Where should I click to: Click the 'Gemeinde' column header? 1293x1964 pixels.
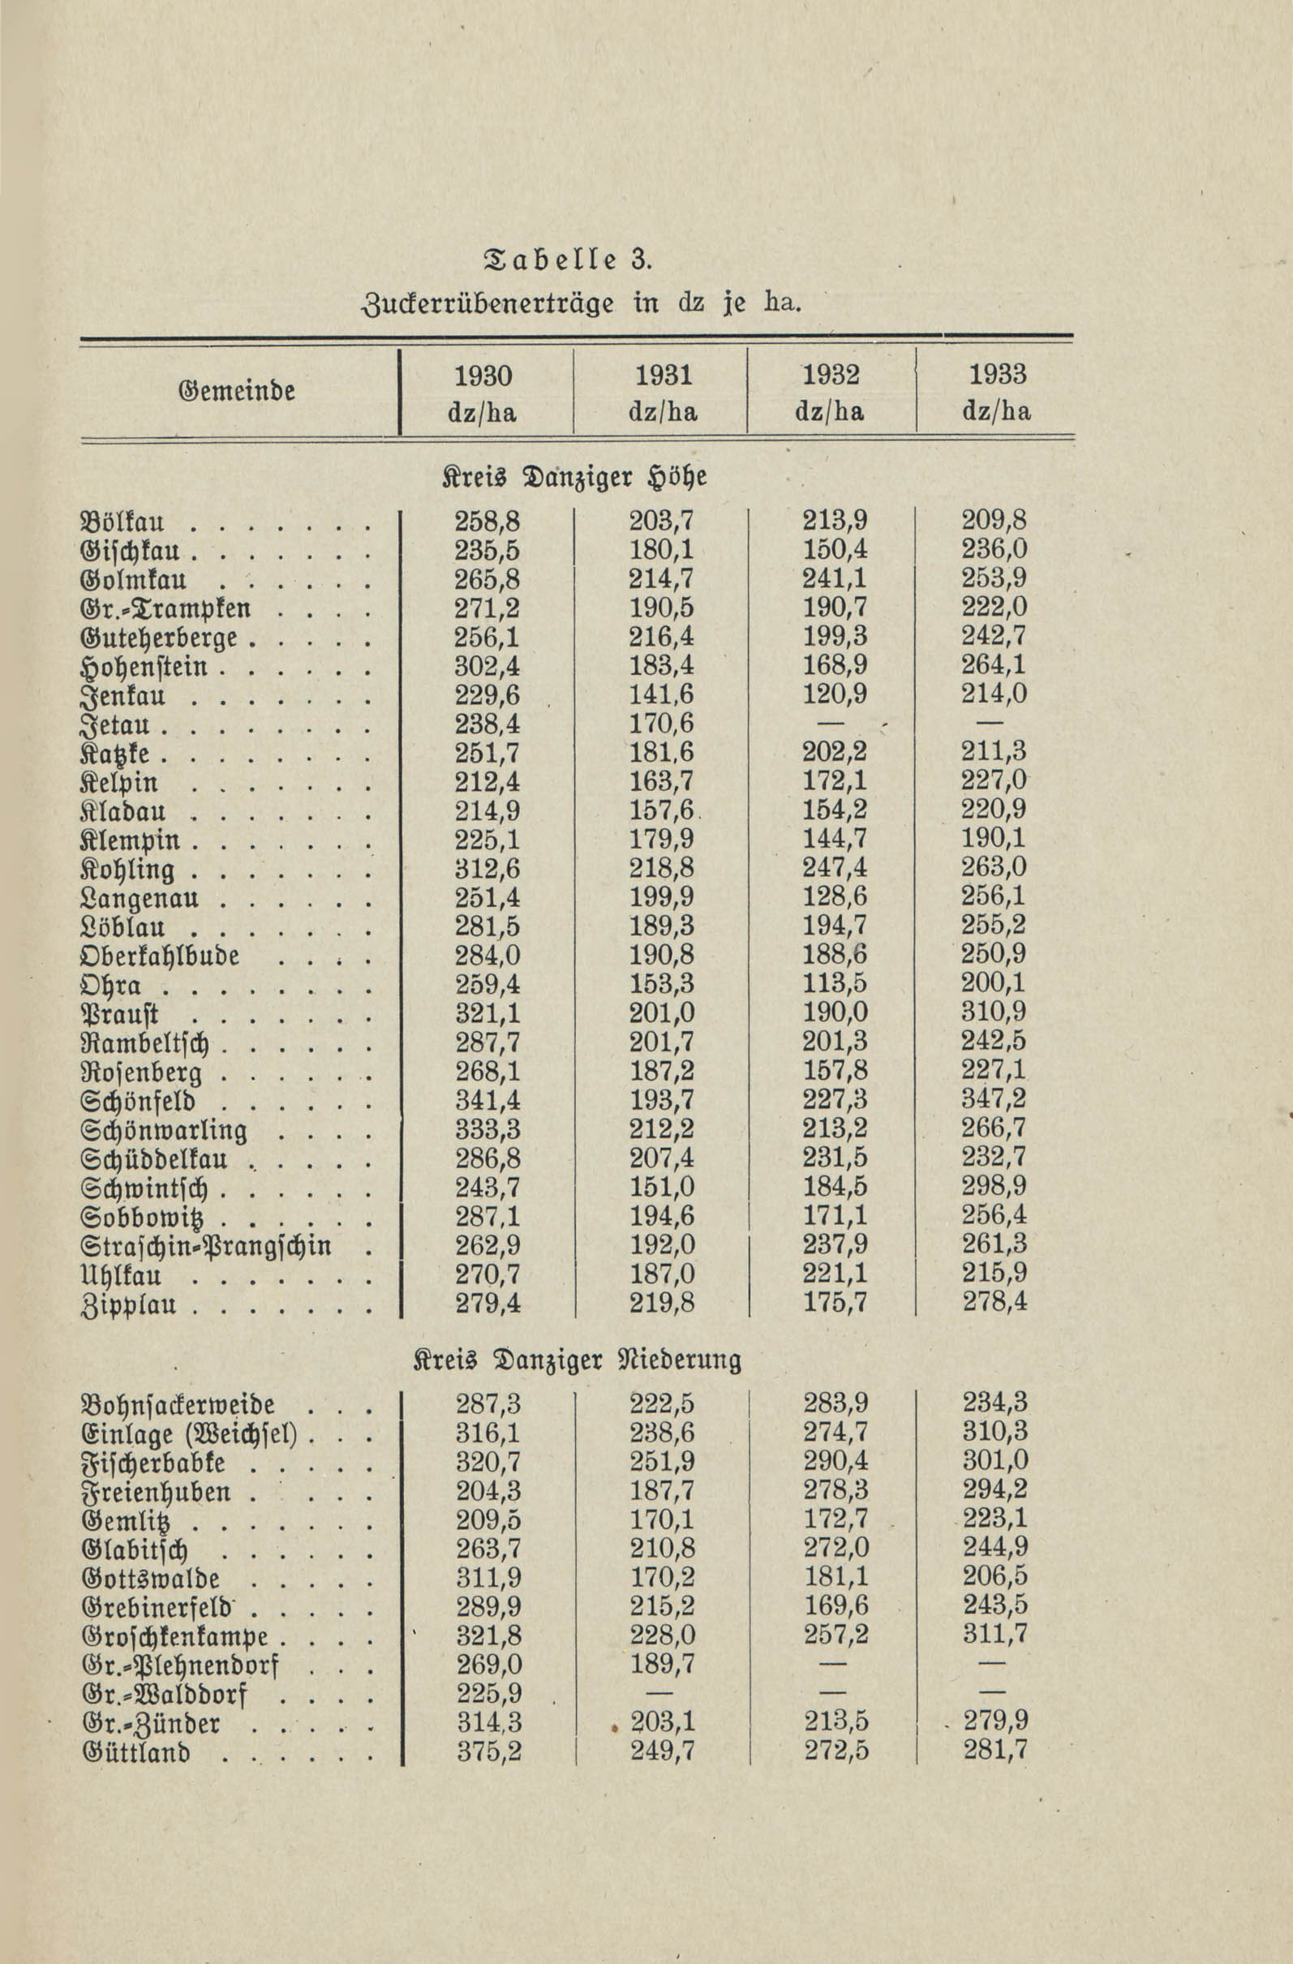click(236, 390)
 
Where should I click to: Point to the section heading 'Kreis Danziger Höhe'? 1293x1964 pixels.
click(575, 479)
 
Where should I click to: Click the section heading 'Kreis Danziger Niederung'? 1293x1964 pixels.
click(577, 1360)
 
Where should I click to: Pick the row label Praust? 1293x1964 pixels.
click(119, 1013)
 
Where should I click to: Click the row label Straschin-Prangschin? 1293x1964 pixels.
click(206, 1244)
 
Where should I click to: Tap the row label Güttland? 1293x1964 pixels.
click(136, 1753)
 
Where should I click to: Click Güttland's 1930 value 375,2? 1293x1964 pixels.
click(489, 1752)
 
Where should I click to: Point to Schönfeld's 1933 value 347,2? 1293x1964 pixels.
click(994, 1100)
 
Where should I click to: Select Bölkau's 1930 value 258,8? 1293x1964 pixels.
click(488, 522)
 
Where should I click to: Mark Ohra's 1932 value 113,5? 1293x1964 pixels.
click(836, 984)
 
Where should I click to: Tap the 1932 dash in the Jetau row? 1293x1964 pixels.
click(835, 724)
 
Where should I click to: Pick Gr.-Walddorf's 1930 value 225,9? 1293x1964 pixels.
click(489, 1694)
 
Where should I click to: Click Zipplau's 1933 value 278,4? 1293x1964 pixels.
click(994, 1303)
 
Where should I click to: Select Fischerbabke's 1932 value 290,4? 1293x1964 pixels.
click(836, 1463)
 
